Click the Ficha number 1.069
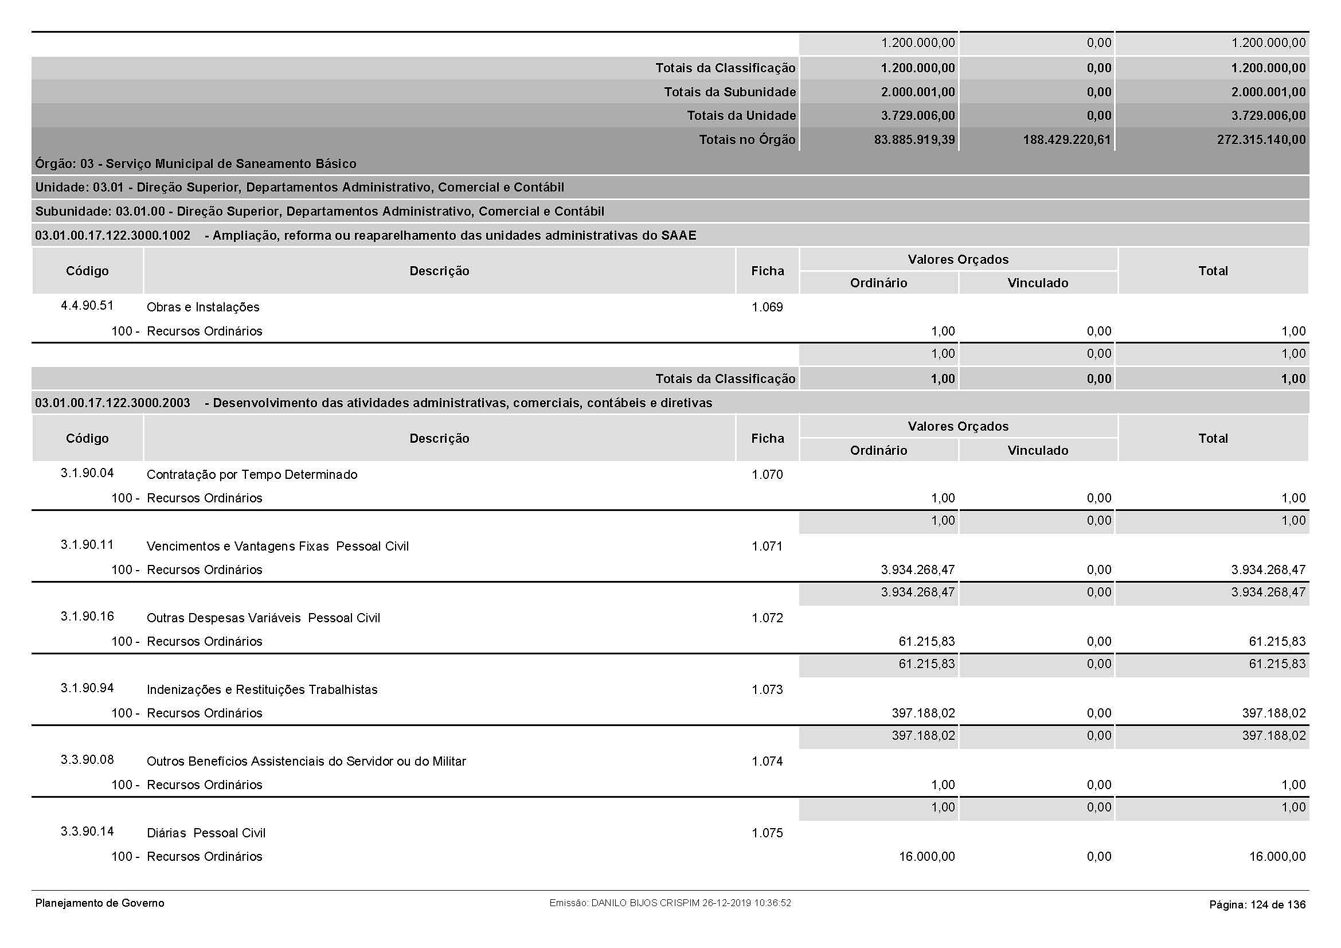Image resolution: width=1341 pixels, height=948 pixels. (767, 307)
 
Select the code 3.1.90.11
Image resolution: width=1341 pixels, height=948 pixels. (87, 545)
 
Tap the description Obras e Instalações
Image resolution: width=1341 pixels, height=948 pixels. (202, 307)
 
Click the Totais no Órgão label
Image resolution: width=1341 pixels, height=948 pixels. (747, 139)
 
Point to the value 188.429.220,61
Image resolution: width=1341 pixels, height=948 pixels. (1066, 139)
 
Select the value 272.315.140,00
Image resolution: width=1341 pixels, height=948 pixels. (1261, 139)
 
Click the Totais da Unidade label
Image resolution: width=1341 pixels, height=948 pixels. (741, 116)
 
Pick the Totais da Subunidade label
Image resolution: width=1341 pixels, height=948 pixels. (729, 92)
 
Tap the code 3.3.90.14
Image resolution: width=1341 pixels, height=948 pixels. (87, 832)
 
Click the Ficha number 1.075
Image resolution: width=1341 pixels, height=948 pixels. (767, 833)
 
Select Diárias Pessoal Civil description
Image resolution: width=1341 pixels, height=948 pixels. (206, 833)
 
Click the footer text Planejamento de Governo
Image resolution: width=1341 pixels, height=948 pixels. (100, 904)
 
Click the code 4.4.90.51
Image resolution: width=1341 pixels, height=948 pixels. (87, 306)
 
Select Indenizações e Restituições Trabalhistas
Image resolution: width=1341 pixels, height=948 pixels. (261, 690)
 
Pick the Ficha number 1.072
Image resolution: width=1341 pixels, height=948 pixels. (767, 618)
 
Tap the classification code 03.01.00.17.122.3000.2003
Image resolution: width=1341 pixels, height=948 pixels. (113, 403)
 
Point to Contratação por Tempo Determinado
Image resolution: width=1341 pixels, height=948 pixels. (252, 475)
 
